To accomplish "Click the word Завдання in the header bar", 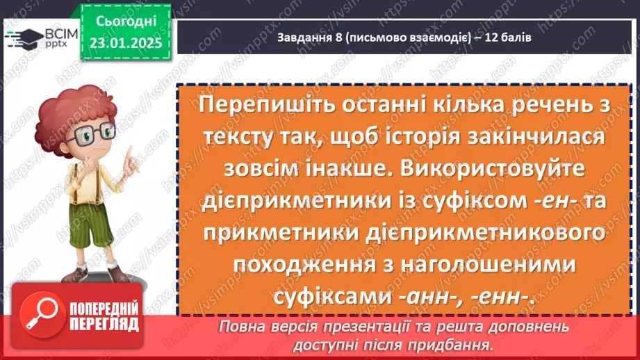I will tap(300, 38).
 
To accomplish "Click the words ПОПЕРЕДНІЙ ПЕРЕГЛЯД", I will tap(103, 317).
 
